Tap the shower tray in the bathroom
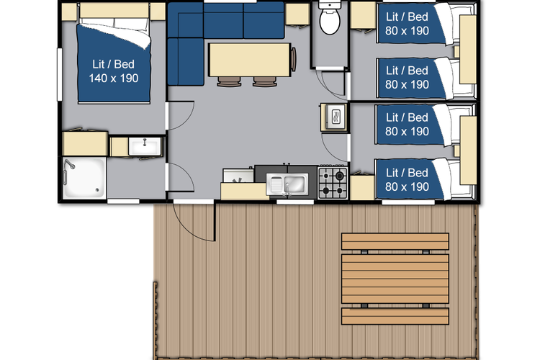point(84,178)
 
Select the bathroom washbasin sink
point(145,146)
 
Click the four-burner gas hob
point(333,183)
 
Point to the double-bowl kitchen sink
point(287,184)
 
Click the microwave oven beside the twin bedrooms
point(334,117)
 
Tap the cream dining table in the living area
point(250,60)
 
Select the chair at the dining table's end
point(294,60)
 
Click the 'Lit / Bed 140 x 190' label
point(113,71)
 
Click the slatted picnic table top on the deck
point(395,279)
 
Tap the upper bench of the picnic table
point(395,241)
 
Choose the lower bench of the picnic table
point(395,316)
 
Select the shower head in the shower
point(71,165)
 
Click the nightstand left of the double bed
point(69,12)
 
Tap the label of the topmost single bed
point(407,24)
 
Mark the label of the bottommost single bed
point(407,179)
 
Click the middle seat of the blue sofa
point(223,20)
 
